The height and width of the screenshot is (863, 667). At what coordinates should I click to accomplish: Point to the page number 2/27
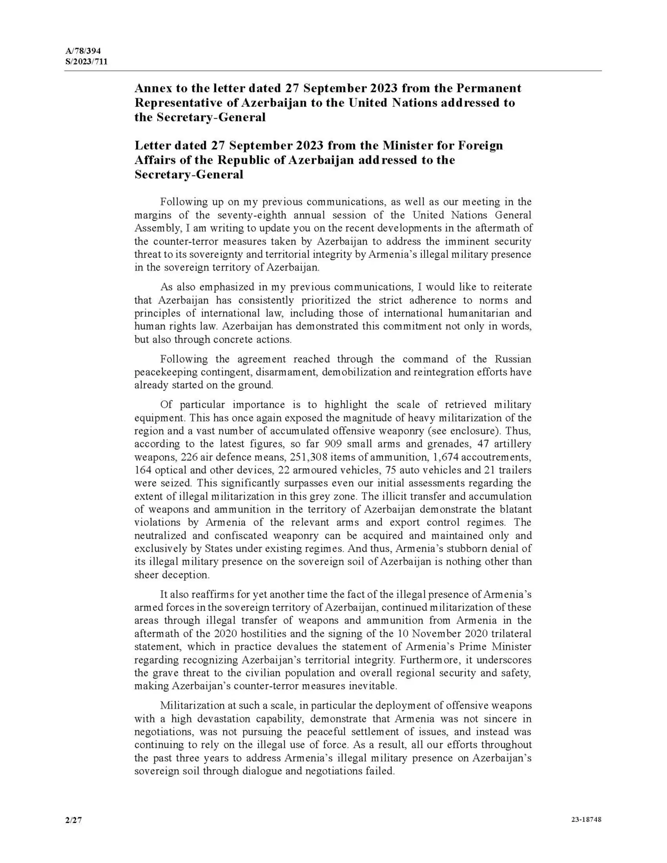click(73, 820)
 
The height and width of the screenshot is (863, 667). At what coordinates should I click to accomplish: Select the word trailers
click(512, 470)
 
